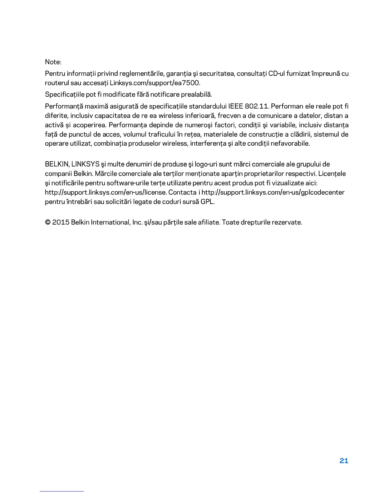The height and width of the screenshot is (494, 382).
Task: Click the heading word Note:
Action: pos(53,62)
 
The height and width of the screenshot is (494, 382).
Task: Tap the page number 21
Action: pos(344,461)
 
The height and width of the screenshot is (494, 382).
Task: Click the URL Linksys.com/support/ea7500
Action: pos(155,83)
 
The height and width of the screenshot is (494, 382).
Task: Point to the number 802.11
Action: pos(257,106)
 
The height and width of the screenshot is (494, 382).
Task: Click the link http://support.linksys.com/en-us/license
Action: pos(105,192)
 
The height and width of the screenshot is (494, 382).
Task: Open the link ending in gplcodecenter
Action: pos(273,192)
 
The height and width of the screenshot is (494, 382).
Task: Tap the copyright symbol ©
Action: pos(48,222)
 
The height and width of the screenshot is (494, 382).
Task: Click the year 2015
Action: pos(61,222)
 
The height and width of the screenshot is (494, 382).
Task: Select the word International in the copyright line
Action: pos(109,222)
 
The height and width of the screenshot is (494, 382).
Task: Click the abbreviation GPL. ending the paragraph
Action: pos(208,202)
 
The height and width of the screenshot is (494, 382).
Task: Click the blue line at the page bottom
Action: pos(62,491)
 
